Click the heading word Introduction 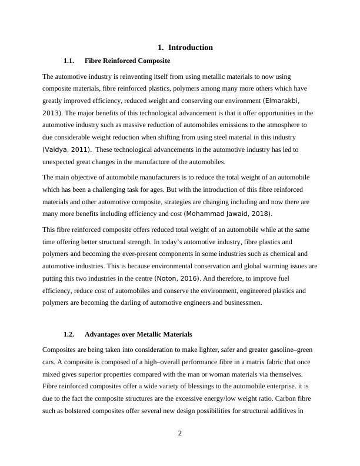pyautogui.click(x=191, y=48)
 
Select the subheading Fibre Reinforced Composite pyautogui.click(x=128, y=61)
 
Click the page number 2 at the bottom pyautogui.click(x=180, y=434)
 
